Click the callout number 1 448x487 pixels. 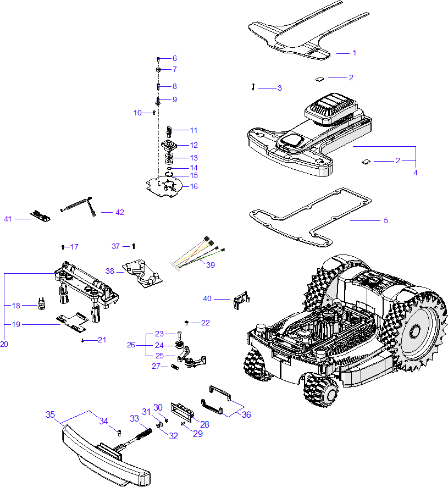tap(354, 53)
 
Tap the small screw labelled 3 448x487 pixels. tap(252, 87)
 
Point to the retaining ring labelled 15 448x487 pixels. tap(170, 175)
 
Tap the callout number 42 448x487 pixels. tap(120, 212)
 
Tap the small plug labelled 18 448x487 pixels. tap(41, 303)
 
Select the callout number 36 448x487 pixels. tap(246, 414)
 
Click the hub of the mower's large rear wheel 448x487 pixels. tap(413, 331)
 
